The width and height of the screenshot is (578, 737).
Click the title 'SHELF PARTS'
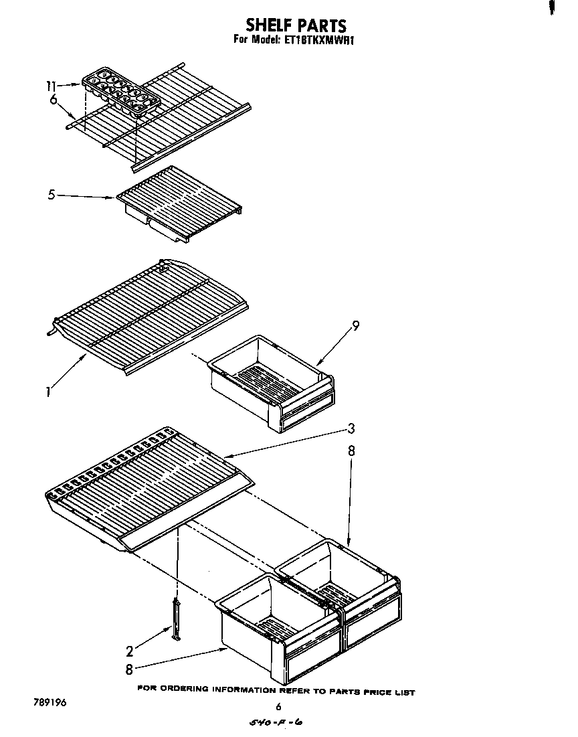click(296, 25)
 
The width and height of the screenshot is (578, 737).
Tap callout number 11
click(52, 86)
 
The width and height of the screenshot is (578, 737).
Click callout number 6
click(53, 100)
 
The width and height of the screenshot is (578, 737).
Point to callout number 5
click(52, 195)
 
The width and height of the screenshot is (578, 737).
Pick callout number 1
click(49, 392)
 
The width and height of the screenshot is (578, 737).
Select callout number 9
click(355, 326)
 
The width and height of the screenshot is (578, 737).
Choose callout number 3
click(351, 429)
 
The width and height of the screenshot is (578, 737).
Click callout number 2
click(130, 649)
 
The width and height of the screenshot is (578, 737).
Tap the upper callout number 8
click(351, 452)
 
